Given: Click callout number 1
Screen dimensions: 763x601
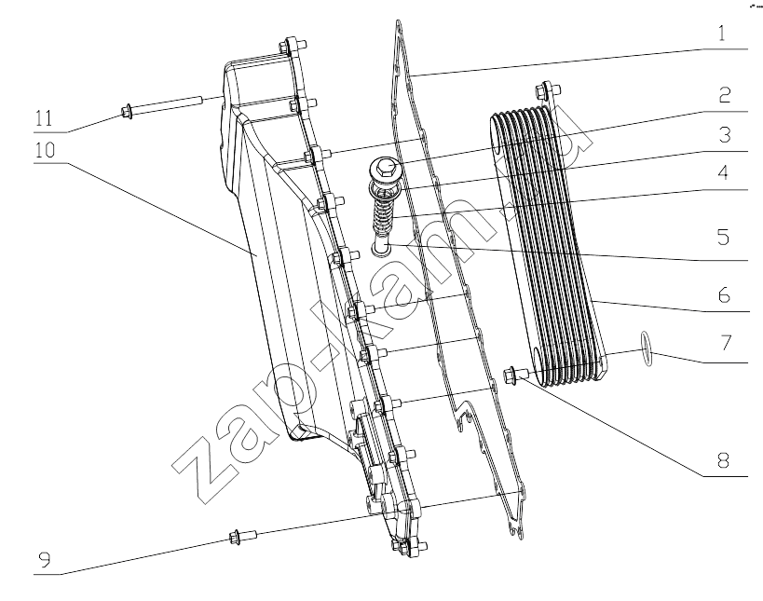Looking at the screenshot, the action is pyautogui.click(x=722, y=34).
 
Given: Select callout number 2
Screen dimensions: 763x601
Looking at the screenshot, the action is pyautogui.click(x=725, y=95).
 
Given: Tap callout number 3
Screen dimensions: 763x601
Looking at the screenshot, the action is pyautogui.click(x=725, y=135).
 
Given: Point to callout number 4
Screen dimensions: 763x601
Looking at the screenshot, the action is pyautogui.click(x=724, y=172).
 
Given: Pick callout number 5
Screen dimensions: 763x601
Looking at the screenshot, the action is pyautogui.click(x=724, y=237).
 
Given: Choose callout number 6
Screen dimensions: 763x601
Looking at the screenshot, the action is pyautogui.click(x=724, y=294).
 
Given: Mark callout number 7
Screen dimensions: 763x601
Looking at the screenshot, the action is pyautogui.click(x=726, y=343).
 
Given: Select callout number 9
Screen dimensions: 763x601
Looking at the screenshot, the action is pyautogui.click(x=45, y=561).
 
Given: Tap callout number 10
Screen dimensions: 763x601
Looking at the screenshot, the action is pyautogui.click(x=45, y=150).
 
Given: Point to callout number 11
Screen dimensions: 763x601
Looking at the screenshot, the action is pyautogui.click(x=44, y=118).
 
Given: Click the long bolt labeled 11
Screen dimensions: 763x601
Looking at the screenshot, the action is pyautogui.click(x=160, y=106).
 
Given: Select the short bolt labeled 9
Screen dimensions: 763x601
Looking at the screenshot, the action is pyautogui.click(x=242, y=536).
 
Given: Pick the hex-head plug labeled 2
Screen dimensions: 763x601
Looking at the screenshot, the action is pyautogui.click(x=385, y=171).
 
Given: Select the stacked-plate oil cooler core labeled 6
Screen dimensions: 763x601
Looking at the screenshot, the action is pyautogui.click(x=548, y=246).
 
